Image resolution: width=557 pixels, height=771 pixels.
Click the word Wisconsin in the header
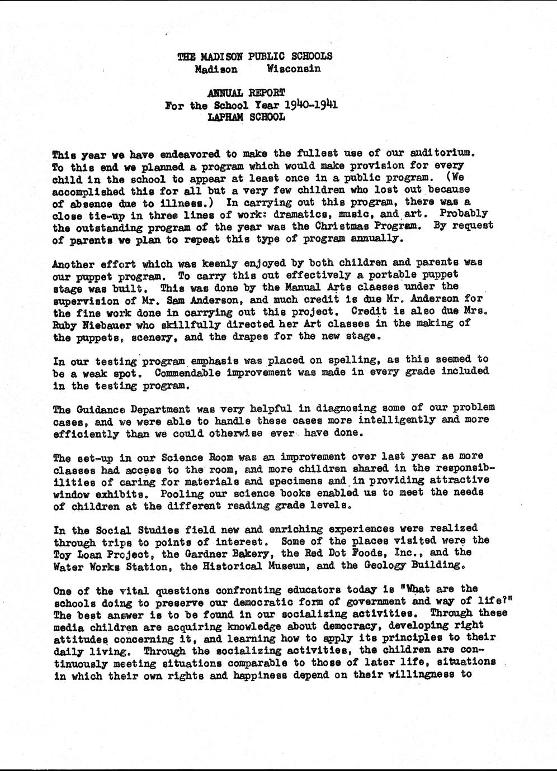click(x=294, y=69)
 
